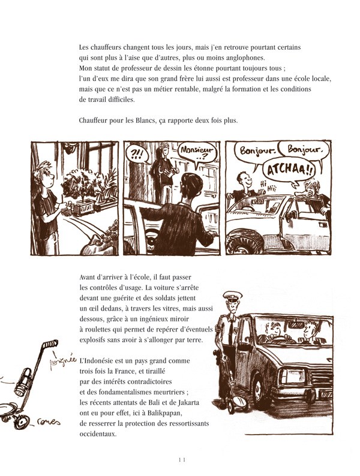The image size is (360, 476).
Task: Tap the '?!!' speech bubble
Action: [136, 153]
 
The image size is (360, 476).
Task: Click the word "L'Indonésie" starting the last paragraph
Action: [98, 361]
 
